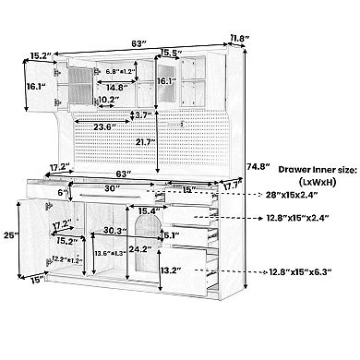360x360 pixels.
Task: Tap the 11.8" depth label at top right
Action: pos(240,39)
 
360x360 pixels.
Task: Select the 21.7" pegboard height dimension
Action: pos(145,142)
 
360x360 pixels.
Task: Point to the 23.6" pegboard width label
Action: pos(104,126)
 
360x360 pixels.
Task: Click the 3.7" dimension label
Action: pos(144,115)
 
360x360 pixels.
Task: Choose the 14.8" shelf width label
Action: pos(117,88)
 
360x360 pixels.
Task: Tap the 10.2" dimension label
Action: pos(109,100)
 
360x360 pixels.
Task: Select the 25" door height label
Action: pos(11,235)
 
